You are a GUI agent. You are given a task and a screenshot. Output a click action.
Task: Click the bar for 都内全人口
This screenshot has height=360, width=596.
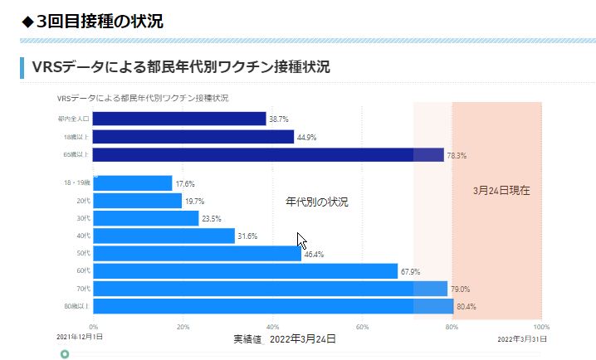coord(179,119)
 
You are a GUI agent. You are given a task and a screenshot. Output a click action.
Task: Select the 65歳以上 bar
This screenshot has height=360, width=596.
coord(268,154)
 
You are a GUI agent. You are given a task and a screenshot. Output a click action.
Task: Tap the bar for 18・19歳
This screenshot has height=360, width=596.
coord(133,183)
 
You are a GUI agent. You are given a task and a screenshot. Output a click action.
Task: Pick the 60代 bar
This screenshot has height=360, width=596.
coord(246,271)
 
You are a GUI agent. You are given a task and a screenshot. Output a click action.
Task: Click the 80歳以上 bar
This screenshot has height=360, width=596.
coord(273,307)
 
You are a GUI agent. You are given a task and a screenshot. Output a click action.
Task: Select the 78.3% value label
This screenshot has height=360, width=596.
coord(457,155)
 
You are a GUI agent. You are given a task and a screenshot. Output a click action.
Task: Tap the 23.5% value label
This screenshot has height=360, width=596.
coord(212,219)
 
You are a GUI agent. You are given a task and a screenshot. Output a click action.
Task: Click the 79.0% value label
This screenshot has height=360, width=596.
coord(460,289)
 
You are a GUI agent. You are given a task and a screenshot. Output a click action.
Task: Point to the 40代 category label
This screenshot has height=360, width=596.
coord(83,236)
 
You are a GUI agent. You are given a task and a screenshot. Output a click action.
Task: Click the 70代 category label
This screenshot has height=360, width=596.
coord(83,289)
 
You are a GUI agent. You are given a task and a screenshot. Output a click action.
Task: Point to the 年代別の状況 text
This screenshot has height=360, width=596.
coord(316,202)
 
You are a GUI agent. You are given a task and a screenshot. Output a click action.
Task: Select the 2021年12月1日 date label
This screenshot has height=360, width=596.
coord(80,338)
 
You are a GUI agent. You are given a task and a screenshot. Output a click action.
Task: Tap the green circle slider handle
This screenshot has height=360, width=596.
coord(65,354)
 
